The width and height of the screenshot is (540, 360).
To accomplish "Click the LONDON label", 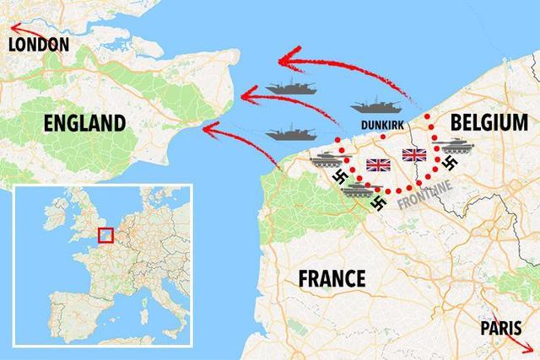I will [37, 45].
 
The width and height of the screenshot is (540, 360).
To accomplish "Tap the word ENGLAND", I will [85, 124].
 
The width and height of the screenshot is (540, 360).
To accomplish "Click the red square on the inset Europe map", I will [106, 235].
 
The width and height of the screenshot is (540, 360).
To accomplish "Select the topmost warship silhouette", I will [291, 87].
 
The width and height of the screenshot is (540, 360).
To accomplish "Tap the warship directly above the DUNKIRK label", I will [376, 106].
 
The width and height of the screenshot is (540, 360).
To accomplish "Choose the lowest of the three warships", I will [291, 133].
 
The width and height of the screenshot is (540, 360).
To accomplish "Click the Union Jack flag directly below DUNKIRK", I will [377, 164].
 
